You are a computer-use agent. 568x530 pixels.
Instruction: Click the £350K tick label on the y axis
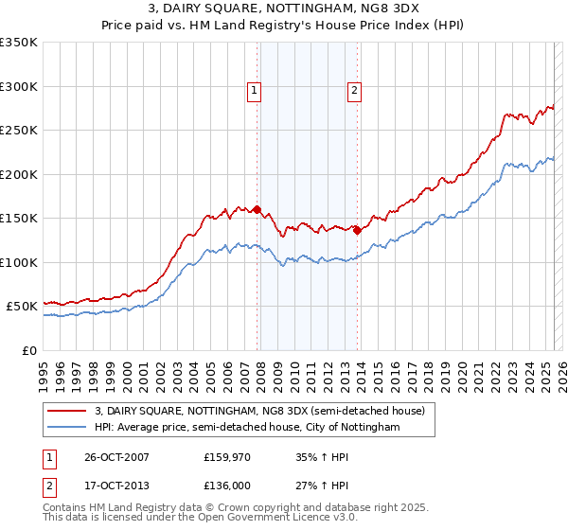coord(18,43)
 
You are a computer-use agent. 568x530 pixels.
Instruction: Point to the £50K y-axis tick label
coord(21,307)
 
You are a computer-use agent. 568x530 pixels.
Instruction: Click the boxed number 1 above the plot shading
coord(256,91)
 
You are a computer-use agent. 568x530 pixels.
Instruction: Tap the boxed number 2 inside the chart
coord(354,91)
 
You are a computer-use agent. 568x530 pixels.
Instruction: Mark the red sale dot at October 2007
coord(257,210)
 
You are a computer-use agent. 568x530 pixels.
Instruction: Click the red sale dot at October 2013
coord(357,230)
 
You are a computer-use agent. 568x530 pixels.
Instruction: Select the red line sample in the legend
coord(67,412)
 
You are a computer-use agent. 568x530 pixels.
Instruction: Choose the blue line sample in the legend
coord(67,428)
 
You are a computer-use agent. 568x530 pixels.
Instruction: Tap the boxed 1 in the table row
coord(48,457)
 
